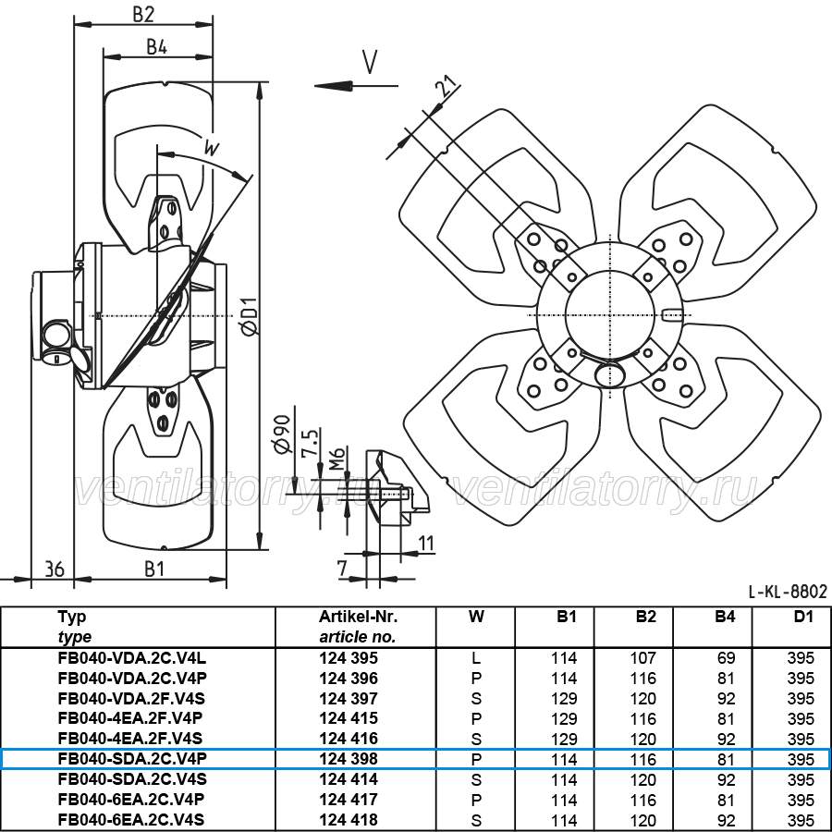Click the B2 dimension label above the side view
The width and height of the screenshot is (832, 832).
tap(142, 14)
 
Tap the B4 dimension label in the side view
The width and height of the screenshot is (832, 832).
tap(157, 47)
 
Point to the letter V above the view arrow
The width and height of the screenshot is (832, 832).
tap(370, 62)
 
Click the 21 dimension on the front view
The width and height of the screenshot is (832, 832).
tap(447, 87)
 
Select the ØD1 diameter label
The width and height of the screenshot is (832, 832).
tap(250, 317)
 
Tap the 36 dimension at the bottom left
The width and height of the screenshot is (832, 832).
tap(55, 569)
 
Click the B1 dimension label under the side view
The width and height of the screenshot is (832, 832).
tap(154, 569)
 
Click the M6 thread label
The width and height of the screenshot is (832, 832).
tap(336, 459)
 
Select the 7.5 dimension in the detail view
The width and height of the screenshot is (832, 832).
tap(310, 442)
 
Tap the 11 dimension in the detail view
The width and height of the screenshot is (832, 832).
tap(426, 544)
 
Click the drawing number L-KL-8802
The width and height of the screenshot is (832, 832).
tap(788, 591)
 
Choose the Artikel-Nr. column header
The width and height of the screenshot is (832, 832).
tap(358, 617)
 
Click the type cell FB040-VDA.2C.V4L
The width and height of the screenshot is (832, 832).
tap(132, 658)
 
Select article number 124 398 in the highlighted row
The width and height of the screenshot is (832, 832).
tap(349, 759)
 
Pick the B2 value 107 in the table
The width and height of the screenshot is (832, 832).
tap(643, 658)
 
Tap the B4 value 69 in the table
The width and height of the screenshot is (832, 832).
tap(726, 658)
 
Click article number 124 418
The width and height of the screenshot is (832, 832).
tap(349, 819)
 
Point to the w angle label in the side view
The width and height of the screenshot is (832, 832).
tap(212, 148)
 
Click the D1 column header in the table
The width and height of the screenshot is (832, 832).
tap(803, 617)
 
